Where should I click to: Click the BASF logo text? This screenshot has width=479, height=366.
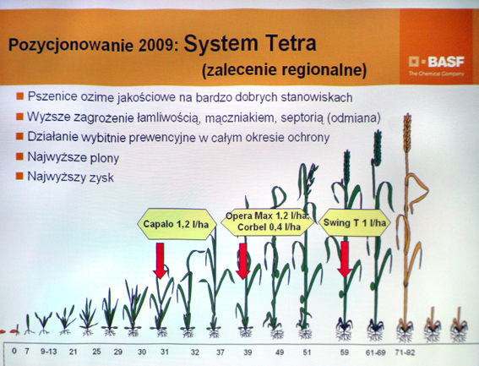click(x=446, y=62)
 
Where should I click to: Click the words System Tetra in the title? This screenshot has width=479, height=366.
click(x=250, y=43)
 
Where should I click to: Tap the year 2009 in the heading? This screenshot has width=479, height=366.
click(x=158, y=45)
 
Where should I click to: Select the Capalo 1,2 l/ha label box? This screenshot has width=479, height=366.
click(x=177, y=224)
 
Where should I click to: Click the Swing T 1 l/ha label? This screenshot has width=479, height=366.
click(x=355, y=222)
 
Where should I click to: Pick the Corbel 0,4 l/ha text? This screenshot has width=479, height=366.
click(x=264, y=227)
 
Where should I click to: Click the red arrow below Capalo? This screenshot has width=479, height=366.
click(x=160, y=261)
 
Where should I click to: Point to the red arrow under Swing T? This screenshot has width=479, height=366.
click(x=345, y=259)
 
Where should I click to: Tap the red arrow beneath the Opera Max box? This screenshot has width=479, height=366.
click(x=243, y=261)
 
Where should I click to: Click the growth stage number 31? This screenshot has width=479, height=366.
click(x=165, y=352)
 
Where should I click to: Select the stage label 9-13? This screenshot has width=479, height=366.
click(x=48, y=352)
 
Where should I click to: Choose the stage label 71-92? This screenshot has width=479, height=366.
click(x=405, y=352)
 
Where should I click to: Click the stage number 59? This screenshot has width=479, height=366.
click(x=345, y=352)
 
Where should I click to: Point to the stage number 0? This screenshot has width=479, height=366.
click(x=14, y=351)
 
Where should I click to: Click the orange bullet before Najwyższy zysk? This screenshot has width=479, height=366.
click(x=19, y=176)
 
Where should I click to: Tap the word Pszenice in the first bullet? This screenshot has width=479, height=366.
click(x=52, y=96)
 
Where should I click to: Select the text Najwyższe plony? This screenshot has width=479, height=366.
click(x=73, y=157)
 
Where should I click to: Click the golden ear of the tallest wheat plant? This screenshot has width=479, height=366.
click(x=407, y=133)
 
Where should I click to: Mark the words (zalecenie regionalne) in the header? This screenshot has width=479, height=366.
click(x=284, y=70)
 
